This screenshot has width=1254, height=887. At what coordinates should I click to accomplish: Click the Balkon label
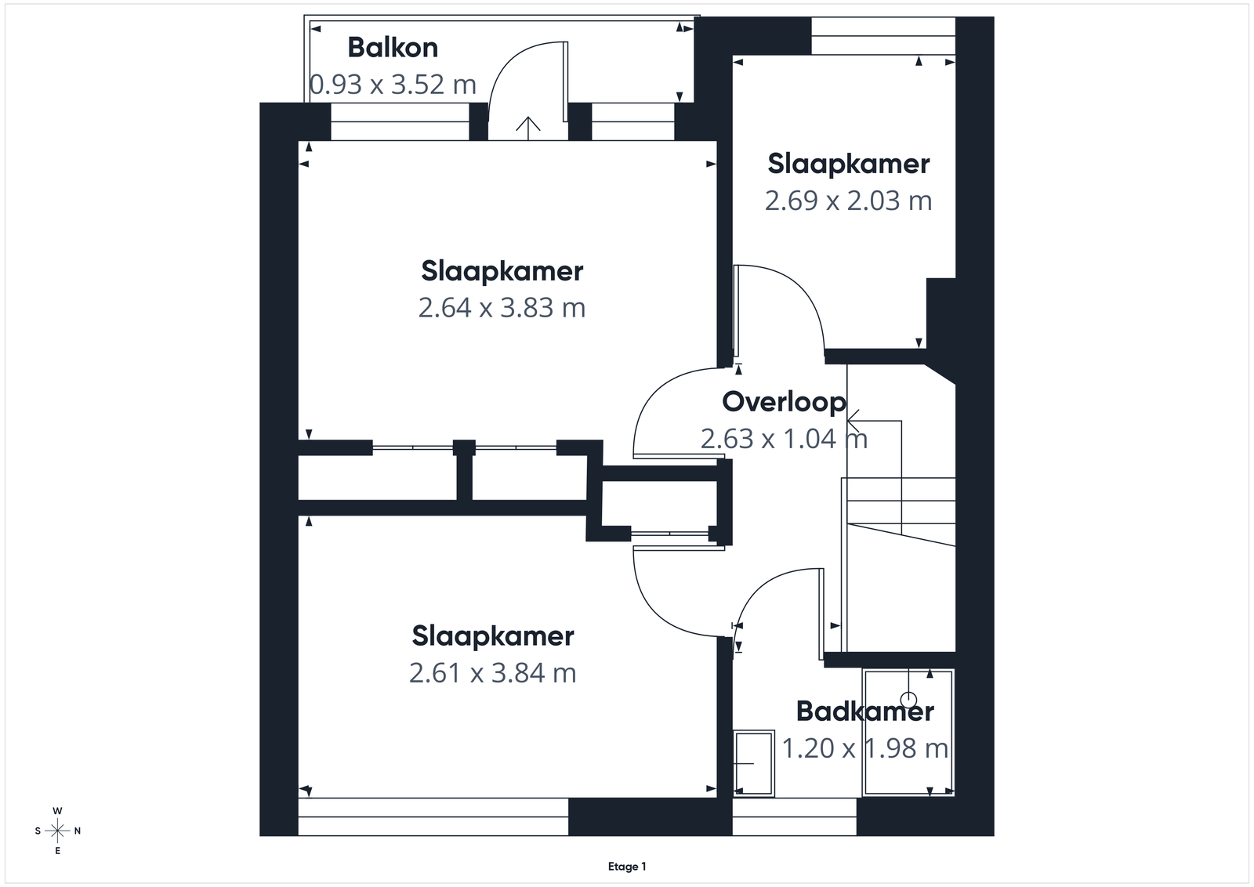point(393,48)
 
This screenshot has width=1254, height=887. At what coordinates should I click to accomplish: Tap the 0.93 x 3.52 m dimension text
point(393,85)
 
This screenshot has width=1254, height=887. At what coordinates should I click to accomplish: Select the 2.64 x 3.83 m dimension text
point(502,308)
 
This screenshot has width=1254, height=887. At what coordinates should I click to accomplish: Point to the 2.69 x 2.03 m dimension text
point(848,201)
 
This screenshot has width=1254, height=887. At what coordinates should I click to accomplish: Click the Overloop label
point(784,402)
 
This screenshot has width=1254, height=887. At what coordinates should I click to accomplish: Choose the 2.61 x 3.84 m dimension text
point(493,672)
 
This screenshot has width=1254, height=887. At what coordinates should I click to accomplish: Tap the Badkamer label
point(865,711)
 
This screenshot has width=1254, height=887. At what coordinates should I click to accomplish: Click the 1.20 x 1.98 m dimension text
point(865,748)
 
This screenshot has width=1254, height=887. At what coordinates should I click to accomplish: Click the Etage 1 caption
point(627,867)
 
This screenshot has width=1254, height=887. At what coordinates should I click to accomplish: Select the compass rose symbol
point(57,831)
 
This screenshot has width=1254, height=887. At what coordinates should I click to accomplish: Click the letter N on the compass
point(78,831)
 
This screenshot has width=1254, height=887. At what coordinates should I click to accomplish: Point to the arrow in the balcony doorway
point(528,129)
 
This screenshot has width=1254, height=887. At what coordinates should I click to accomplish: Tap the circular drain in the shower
point(908,700)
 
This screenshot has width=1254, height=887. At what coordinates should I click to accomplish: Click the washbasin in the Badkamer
point(754,762)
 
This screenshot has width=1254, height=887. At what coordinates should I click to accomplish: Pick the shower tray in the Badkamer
point(908,733)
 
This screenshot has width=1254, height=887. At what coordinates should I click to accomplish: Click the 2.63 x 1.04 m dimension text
point(784,439)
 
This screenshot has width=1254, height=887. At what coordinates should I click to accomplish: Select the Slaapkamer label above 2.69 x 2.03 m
point(848,164)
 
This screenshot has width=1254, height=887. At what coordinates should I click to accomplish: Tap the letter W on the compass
point(57,811)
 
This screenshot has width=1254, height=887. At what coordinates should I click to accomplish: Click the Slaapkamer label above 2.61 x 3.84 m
point(493,636)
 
